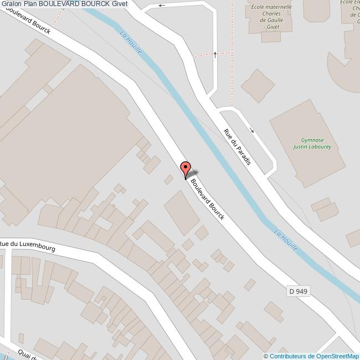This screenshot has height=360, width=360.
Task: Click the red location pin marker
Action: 186,168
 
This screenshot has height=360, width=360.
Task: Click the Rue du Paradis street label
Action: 237,146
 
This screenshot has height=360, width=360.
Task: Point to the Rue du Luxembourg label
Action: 28,246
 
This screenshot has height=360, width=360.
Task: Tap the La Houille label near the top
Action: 131,42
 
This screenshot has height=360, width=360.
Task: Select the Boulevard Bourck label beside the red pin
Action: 208,198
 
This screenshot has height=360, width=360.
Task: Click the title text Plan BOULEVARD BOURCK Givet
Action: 76,4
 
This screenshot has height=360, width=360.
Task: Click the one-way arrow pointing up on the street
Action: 215,59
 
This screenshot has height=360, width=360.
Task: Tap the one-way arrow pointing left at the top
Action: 162,6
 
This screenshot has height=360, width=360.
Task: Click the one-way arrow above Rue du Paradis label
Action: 252,131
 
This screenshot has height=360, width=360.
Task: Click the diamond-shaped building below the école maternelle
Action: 258,85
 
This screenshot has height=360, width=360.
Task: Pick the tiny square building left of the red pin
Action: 168,179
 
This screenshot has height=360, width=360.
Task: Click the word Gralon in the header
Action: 11,4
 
